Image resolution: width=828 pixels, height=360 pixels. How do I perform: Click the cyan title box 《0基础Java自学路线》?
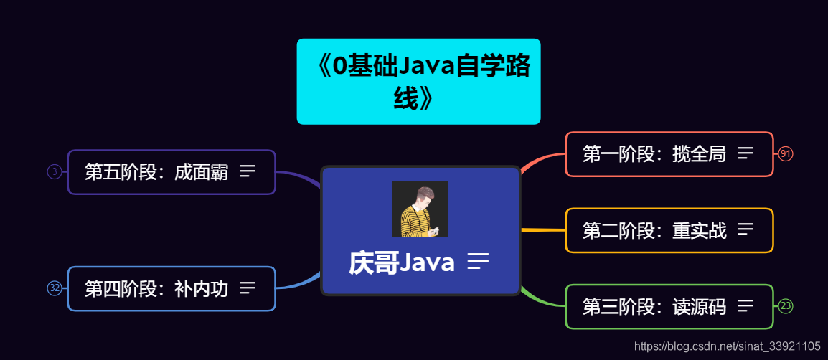[x=418, y=81]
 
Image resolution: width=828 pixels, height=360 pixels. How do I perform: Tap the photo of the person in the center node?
[x=420, y=209]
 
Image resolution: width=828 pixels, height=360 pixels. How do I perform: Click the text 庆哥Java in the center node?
[x=402, y=263]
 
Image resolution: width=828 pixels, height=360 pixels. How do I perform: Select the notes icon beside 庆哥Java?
[x=478, y=262]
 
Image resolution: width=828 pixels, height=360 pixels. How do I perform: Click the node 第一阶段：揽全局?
[x=654, y=154]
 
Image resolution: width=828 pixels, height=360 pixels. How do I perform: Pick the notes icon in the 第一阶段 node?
[x=745, y=153]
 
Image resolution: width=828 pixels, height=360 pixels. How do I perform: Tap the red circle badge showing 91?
[x=786, y=154]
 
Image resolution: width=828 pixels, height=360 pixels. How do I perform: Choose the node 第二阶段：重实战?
[x=654, y=230]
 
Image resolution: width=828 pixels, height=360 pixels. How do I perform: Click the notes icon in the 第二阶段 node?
[x=745, y=229]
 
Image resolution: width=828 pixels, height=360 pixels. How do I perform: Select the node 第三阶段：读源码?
[x=654, y=307]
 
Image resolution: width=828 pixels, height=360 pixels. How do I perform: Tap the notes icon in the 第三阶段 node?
[x=745, y=306]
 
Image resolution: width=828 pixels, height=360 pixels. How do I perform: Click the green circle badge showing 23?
[x=786, y=306]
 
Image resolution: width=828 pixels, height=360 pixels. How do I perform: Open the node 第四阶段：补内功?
[x=156, y=289]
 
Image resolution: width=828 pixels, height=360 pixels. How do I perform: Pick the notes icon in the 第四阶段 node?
[x=248, y=288]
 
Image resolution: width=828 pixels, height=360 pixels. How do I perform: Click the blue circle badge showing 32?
[x=55, y=288]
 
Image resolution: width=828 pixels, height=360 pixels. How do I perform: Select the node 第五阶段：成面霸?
[x=156, y=172]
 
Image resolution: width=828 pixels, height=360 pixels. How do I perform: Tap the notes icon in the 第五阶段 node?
[x=248, y=171]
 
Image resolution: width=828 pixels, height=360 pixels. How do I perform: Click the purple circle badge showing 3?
[x=55, y=171]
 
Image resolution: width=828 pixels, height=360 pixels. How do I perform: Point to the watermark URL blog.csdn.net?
[x=728, y=346]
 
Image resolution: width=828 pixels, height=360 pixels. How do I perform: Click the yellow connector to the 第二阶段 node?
[x=542, y=230]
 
